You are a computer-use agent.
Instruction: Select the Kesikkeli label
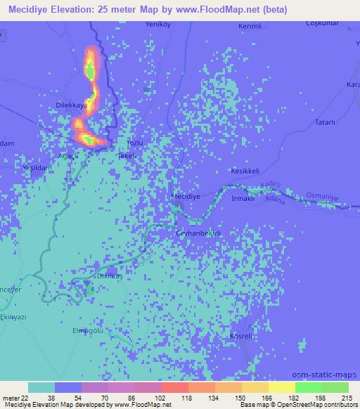(245, 171)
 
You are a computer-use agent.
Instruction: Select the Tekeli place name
(127, 155)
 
